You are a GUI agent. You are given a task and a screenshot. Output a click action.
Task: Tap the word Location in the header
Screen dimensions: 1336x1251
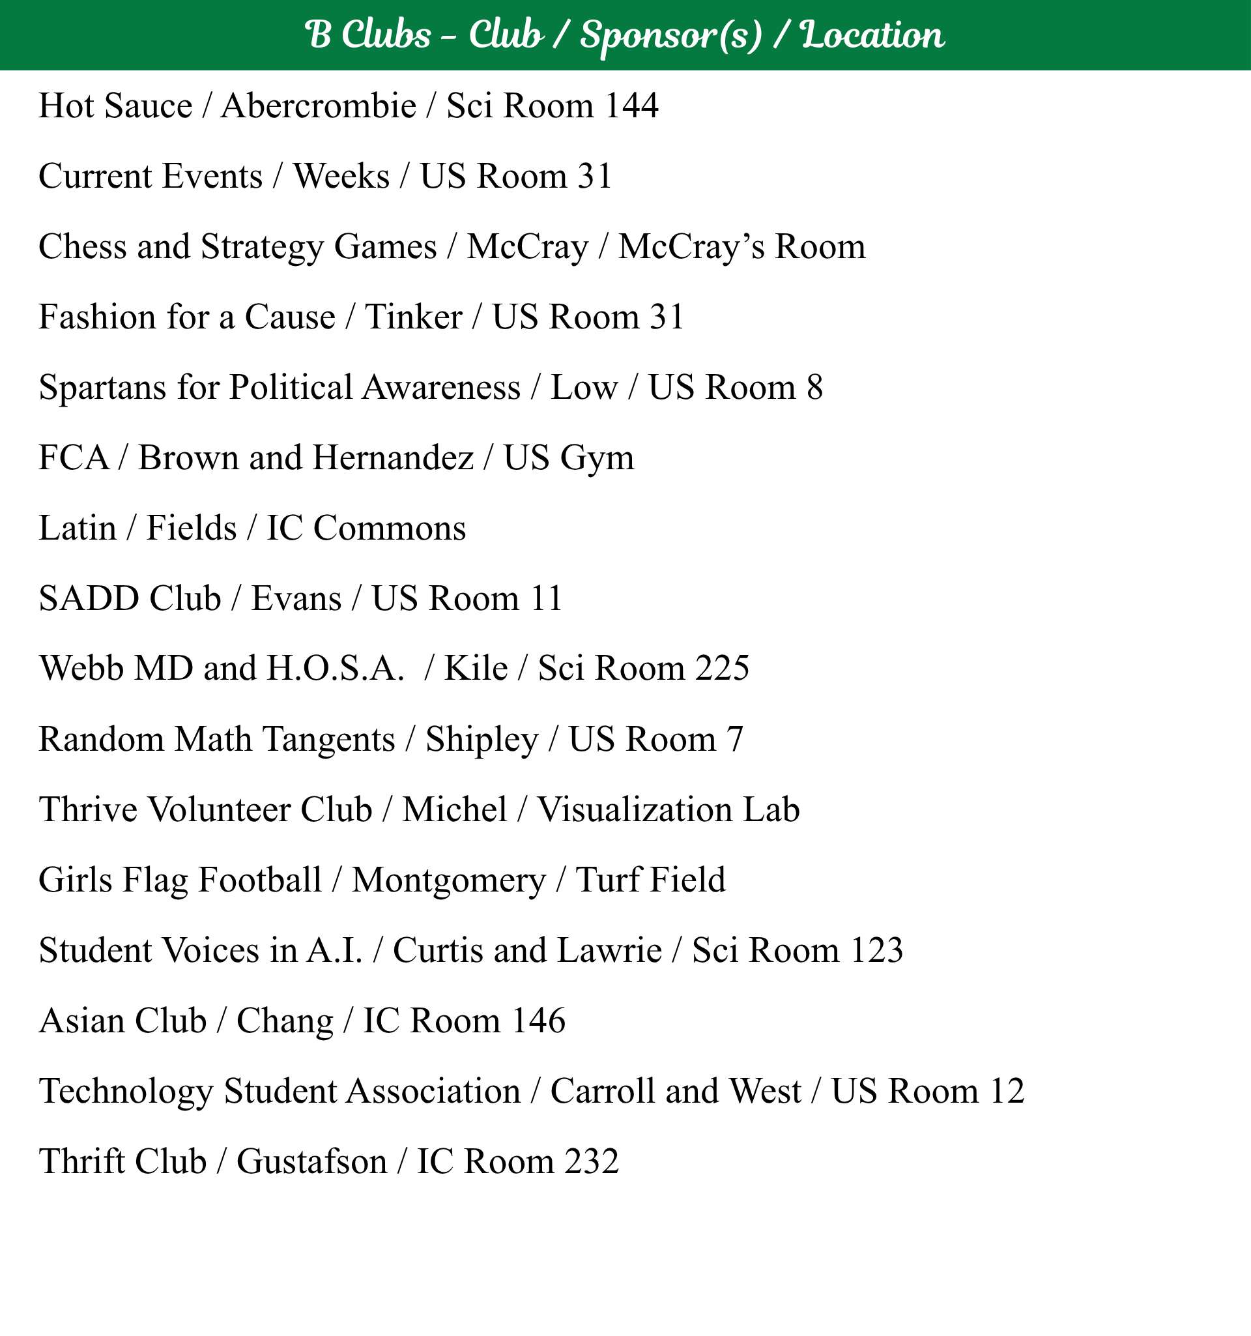click(872, 36)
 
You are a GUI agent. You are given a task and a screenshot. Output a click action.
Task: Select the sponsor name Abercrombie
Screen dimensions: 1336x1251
click(319, 106)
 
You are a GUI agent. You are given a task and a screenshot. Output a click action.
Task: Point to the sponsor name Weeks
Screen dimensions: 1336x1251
click(341, 177)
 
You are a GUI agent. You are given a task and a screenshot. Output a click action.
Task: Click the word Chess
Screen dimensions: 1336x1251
click(83, 246)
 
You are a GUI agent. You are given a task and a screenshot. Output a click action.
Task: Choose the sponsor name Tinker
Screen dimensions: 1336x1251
click(413, 317)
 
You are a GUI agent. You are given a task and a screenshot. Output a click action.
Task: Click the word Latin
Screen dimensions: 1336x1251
click(78, 529)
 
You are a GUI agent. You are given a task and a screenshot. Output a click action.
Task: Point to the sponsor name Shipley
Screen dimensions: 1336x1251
click(482, 739)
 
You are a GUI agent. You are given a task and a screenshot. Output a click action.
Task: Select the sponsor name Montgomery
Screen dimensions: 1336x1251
click(449, 880)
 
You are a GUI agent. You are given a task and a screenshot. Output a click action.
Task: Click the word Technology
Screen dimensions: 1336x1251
click(126, 1092)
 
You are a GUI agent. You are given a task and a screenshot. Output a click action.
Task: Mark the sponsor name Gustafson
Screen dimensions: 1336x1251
click(311, 1162)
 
